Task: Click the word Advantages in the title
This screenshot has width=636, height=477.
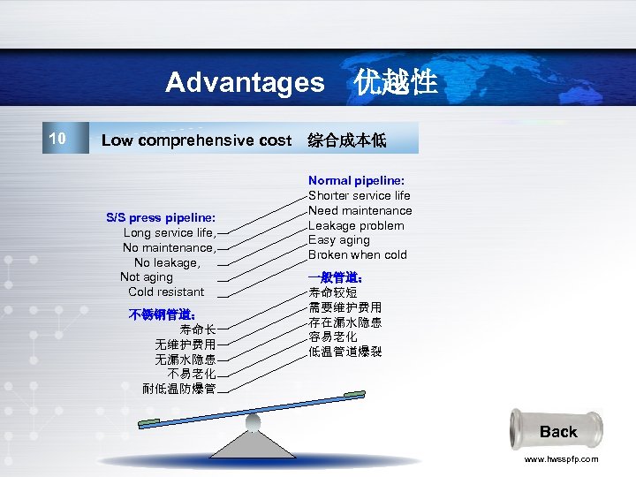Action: point(245,83)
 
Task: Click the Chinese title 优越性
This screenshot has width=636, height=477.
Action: point(396,83)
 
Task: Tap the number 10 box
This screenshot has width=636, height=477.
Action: point(57,139)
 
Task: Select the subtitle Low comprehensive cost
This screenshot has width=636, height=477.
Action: point(196,140)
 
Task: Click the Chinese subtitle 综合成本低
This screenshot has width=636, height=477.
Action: point(347,140)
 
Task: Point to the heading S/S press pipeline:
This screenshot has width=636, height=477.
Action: point(161,217)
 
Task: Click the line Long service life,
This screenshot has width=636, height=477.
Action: point(170,232)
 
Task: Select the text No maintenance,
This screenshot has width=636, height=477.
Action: point(170,247)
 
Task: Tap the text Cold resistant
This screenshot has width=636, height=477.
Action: point(165,291)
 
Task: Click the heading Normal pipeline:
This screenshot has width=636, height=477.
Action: point(356,180)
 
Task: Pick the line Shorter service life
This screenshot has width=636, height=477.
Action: point(359,195)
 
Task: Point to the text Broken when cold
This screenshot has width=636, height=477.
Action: point(357,254)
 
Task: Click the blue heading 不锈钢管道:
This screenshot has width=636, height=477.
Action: point(162,314)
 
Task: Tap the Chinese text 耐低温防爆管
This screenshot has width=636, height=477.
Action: point(179,389)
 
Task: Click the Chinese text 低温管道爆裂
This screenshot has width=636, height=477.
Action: point(345,352)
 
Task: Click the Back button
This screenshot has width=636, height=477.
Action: point(557,432)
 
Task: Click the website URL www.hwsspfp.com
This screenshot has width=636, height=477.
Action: point(561,459)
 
